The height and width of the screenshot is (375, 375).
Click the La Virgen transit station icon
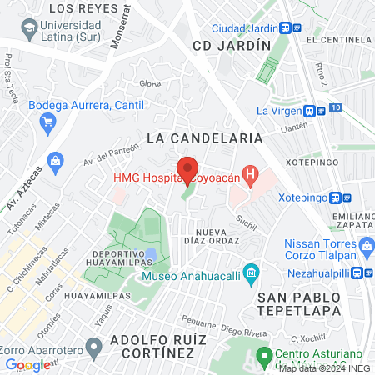click(x=308, y=110)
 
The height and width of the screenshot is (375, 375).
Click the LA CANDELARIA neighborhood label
click(x=204, y=137)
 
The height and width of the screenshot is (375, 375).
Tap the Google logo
click(x=27, y=364)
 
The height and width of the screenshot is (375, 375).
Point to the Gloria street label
click(x=150, y=83)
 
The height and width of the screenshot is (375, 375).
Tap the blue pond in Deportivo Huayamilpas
click(x=150, y=252)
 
